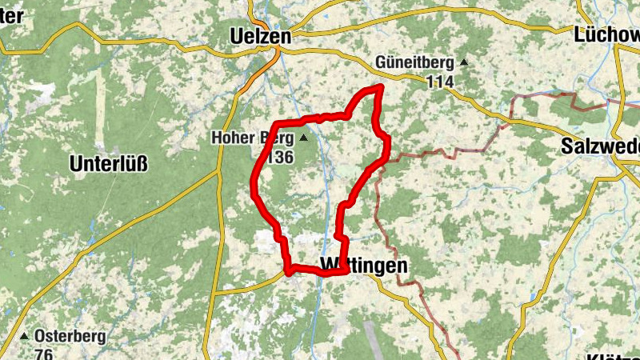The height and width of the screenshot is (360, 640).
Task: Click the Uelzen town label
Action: tap(259, 36)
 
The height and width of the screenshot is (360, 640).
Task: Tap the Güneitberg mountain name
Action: tap(414, 62)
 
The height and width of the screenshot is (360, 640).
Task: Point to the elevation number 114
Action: tap(439, 82)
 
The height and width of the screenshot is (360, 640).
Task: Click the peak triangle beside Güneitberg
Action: tap(463, 62)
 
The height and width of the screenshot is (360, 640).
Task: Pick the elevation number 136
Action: tap(280, 157)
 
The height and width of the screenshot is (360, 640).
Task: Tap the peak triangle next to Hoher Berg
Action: tap(304, 138)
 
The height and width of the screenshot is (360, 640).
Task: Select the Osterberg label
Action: tap(70, 337)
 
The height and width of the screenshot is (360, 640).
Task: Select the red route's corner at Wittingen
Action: tap(346, 270)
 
